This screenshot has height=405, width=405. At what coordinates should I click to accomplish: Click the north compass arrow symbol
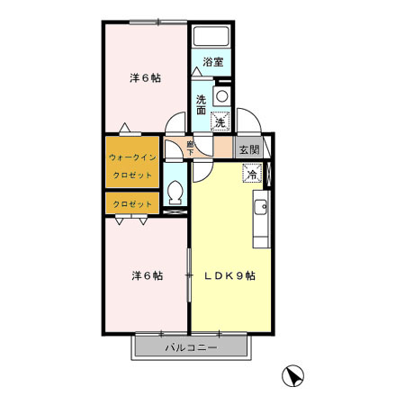pyautogui.click(x=292, y=375)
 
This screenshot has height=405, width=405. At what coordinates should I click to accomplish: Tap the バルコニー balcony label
pyautogui.click(x=191, y=347)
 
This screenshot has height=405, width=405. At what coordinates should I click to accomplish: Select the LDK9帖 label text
pyautogui.click(x=229, y=275)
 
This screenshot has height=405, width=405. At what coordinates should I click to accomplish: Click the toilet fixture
pyautogui.click(x=175, y=193)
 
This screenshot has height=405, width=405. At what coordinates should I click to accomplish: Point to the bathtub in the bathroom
pyautogui.click(x=211, y=37)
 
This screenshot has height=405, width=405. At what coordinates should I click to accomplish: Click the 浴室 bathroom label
pyautogui.click(x=213, y=62)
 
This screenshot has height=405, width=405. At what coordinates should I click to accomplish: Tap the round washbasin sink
pyautogui.click(x=222, y=96)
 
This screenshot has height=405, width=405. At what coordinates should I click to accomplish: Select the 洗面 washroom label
pyautogui.click(x=201, y=104)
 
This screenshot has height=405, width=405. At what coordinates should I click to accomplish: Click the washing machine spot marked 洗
pyautogui.click(x=220, y=122)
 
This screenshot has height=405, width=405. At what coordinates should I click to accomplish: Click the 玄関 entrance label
pyautogui.click(x=249, y=149)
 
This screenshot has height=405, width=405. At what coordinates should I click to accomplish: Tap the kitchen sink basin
pyautogui.click(x=261, y=207)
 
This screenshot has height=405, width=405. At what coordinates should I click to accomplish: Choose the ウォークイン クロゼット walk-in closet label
pyautogui.click(x=132, y=166)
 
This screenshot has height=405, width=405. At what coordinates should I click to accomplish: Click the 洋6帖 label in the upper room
pyautogui.click(x=145, y=78)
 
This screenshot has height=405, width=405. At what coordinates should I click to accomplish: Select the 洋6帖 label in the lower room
pyautogui.click(x=148, y=275)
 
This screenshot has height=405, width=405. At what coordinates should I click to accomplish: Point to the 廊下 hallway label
pyautogui.click(x=190, y=148)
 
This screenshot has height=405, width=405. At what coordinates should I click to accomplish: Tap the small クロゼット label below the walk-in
pyautogui.click(x=132, y=204)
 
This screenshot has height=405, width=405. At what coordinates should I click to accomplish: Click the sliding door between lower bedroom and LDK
pyautogui.click(x=189, y=274)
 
